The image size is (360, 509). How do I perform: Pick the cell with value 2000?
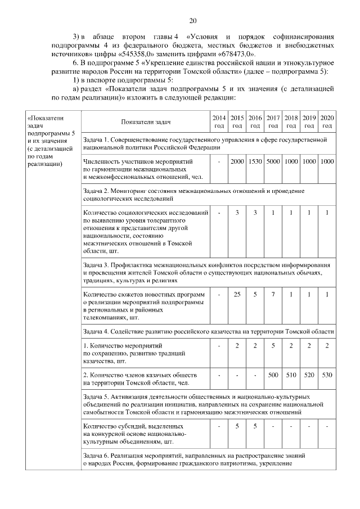coord(237,162)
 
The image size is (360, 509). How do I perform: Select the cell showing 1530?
coord(255,162)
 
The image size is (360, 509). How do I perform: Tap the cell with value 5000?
coord(273,162)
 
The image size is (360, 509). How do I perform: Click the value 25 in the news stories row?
coord(237,294)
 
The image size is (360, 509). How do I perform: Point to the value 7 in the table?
coord(273,294)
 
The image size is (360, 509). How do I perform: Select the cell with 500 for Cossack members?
coord(273,374)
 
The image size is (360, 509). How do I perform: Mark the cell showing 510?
coord(291,374)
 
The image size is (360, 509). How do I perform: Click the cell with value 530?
coord(327,374)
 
